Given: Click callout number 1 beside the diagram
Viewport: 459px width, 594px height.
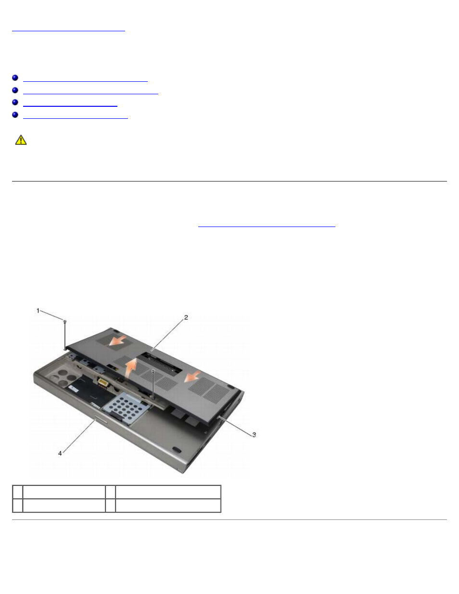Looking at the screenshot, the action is point(38,311).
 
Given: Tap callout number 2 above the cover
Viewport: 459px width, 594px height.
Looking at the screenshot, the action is point(186,317).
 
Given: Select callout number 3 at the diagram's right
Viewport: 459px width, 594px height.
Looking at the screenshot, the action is point(254,435).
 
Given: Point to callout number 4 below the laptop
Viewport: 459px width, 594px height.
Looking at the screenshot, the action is point(60,454).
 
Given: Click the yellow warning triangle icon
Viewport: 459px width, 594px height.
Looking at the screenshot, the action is point(21,140).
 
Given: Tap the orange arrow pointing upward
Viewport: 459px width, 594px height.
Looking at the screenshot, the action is point(131,368).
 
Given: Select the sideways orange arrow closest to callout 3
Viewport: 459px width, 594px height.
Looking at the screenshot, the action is point(192,377).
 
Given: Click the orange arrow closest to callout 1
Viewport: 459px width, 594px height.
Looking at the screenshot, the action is point(117,341).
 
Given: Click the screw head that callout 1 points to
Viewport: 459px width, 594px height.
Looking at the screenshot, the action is point(65,321).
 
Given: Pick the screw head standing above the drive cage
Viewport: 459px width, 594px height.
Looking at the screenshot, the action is point(153,371).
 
